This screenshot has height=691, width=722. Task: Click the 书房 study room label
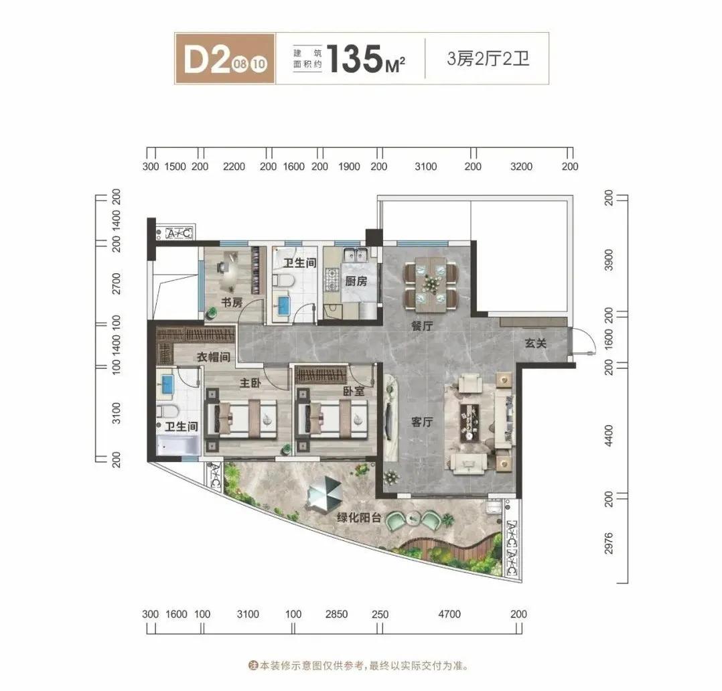click(x=232, y=303)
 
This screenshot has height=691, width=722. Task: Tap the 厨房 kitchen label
click(x=356, y=281)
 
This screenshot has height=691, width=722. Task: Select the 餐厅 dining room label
click(x=422, y=326)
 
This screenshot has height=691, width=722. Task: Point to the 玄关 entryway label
click(x=536, y=343)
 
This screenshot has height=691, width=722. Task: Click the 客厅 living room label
click(x=422, y=422)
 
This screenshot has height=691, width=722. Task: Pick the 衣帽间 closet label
click(x=213, y=357)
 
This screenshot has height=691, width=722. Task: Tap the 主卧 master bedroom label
click(x=250, y=382)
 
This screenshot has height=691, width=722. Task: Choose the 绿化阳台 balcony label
click(x=359, y=518)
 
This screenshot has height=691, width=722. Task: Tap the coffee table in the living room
click(x=470, y=422)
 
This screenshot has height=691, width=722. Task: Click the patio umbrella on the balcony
click(x=325, y=493)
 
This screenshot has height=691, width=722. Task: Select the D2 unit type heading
click(x=206, y=59)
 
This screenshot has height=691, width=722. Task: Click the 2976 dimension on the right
click(x=609, y=543)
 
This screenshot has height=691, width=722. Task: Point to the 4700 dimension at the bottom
click(x=449, y=613)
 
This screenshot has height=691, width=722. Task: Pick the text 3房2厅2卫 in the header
click(x=488, y=59)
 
